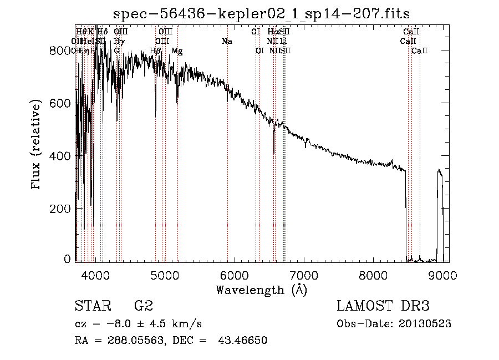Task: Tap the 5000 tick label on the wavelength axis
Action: pos(164,274)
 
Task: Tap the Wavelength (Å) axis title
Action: pos(262,290)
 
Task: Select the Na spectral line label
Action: pos(226,42)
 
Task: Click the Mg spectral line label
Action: pos(177,51)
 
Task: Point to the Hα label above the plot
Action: pos(272,32)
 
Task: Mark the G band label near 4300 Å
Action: pos(116,51)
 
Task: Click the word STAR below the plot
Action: pos(92,306)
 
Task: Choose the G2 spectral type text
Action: pos(144,306)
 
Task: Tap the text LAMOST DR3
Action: pos(383,306)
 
